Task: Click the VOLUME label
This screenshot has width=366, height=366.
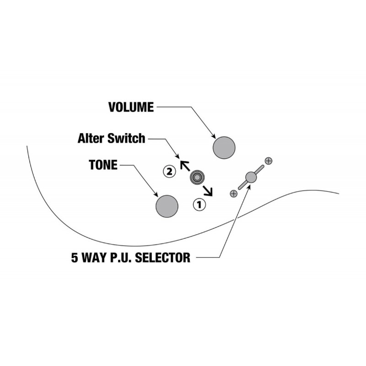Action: (x=131, y=107)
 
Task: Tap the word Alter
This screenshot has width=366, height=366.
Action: (x=91, y=138)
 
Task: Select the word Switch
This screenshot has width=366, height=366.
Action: (x=126, y=138)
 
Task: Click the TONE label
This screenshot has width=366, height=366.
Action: (x=103, y=165)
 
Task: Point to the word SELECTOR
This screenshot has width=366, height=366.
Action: (x=163, y=258)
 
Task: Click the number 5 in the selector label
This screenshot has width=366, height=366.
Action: (x=75, y=258)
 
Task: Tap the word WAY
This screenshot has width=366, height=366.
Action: (x=93, y=258)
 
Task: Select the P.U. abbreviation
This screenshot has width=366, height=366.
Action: (x=121, y=258)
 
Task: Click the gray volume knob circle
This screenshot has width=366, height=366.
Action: (x=224, y=148)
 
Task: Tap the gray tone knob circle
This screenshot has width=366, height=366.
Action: (x=167, y=206)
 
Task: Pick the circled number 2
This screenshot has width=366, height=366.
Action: (x=169, y=172)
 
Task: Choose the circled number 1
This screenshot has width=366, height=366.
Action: (x=199, y=205)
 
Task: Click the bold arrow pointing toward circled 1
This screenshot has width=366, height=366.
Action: (x=208, y=191)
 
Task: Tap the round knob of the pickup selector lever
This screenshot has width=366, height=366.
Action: (x=251, y=178)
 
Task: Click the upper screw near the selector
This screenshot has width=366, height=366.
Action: (x=269, y=161)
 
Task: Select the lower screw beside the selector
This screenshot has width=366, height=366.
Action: (x=234, y=194)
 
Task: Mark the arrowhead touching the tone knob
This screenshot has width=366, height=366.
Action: (x=156, y=194)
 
